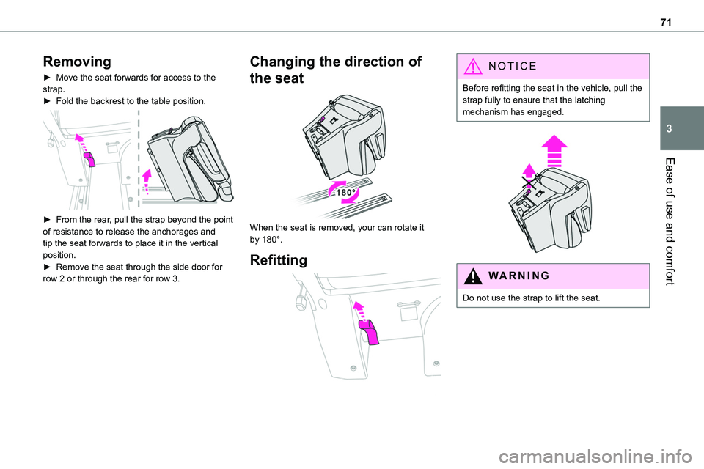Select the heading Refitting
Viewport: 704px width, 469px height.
click(279, 259)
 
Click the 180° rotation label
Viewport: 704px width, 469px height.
click(344, 191)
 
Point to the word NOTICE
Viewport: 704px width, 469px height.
click(506, 65)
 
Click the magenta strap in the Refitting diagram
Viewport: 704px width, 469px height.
click(368, 331)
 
